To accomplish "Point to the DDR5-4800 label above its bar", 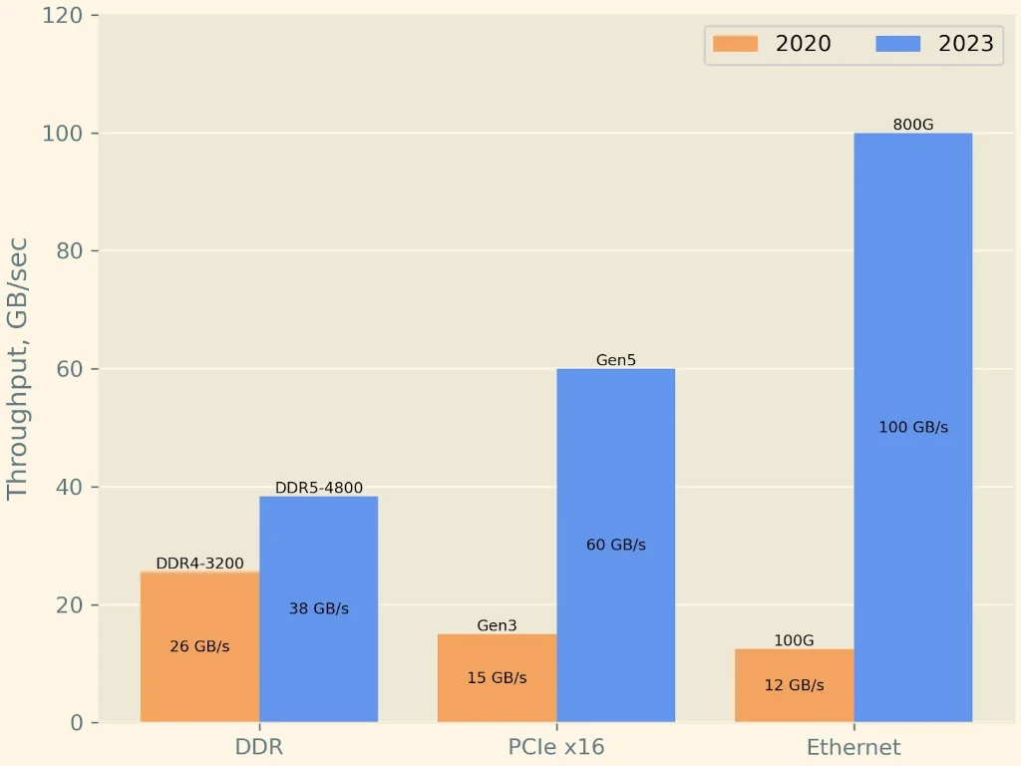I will tap(319, 488).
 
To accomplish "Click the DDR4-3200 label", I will tap(199, 564).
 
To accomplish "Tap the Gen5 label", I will tap(616, 360).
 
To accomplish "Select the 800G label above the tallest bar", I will tap(913, 125).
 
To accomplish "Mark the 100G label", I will tap(794, 640).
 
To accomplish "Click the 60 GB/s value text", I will tap(616, 545).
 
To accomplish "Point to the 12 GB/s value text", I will tap(794, 685).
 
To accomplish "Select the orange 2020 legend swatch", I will tap(735, 44).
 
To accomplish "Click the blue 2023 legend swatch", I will tap(897, 44).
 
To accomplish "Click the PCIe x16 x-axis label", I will tap(556, 747).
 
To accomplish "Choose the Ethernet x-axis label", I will tap(853, 747).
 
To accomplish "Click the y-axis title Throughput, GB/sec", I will tap(18, 369).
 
